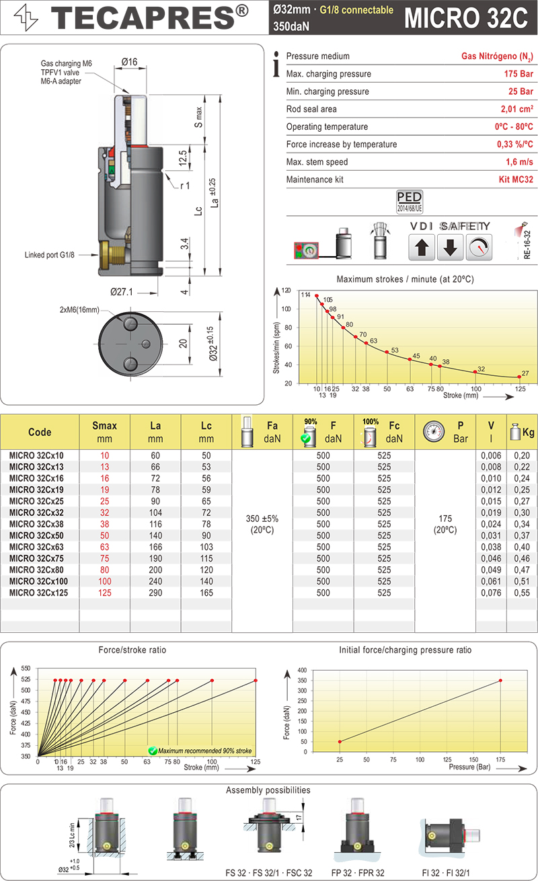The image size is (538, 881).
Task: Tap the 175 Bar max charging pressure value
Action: pyautogui.click(x=518, y=74)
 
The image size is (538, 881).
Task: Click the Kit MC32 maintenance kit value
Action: pyautogui.click(x=515, y=180)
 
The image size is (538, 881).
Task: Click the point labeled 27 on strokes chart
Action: pyautogui.click(x=518, y=377)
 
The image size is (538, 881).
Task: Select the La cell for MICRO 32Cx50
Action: pyautogui.click(x=156, y=535)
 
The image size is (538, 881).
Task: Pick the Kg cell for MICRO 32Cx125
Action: pyautogui.click(x=521, y=592)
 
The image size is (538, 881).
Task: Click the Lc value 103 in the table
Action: pyautogui.click(x=206, y=547)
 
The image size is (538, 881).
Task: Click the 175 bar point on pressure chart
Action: pyautogui.click(x=500, y=681)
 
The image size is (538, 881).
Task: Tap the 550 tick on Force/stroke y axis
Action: pyautogui.click(x=26, y=668)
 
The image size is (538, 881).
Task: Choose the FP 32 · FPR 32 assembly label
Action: pyautogui.click(x=357, y=873)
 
